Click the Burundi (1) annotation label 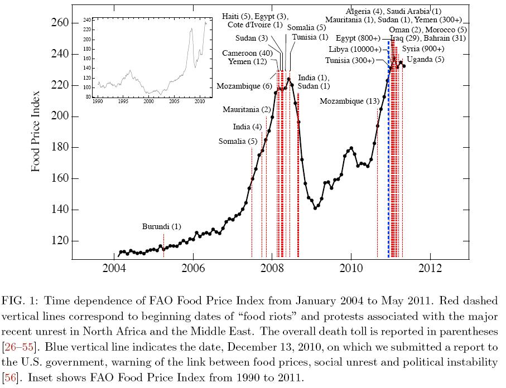pos(162,227)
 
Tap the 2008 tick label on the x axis pos(272,268)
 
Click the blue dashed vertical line pos(388,167)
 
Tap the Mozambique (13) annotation pos(350,101)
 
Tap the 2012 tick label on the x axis pos(430,268)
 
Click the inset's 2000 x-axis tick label pos(148,103)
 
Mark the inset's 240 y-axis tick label pos(87,20)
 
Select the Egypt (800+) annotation pos(358,38)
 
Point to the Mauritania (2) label pos(247,109)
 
